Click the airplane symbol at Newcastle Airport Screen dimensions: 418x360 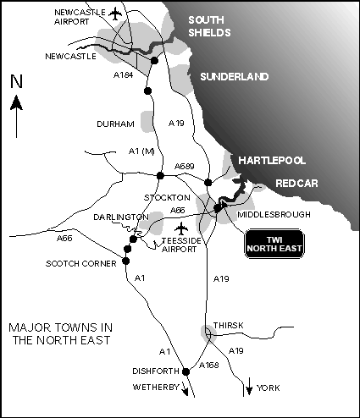click(116, 14)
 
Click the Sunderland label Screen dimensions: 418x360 click(235, 77)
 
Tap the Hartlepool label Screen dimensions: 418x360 click(271, 160)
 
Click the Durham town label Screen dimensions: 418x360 click(117, 124)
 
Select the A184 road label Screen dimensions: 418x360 click(125, 75)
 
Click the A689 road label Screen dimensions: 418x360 click(185, 166)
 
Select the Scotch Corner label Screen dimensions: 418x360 click(76, 262)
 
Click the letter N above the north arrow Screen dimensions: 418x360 click(16, 81)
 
